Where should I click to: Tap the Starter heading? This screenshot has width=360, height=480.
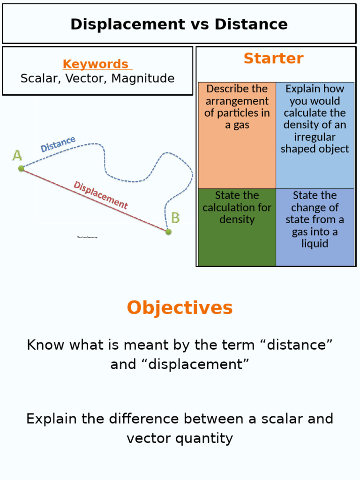pos(273,59)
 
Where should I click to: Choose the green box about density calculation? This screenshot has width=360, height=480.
pos(237,227)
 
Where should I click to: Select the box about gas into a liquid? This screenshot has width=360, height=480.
pos(315,227)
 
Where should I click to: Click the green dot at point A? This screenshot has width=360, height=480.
pos(21,168)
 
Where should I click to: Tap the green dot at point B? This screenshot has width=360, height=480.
pos(168,232)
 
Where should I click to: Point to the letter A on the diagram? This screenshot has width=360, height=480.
pos(17,156)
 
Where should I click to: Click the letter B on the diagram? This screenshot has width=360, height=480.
pos(175,218)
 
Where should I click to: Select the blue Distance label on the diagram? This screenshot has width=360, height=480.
pos(58,144)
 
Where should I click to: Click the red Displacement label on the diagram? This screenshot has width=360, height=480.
pos(100,195)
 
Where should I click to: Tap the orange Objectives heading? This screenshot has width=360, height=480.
pos(180,308)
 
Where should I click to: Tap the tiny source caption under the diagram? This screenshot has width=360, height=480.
pos(87,237)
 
